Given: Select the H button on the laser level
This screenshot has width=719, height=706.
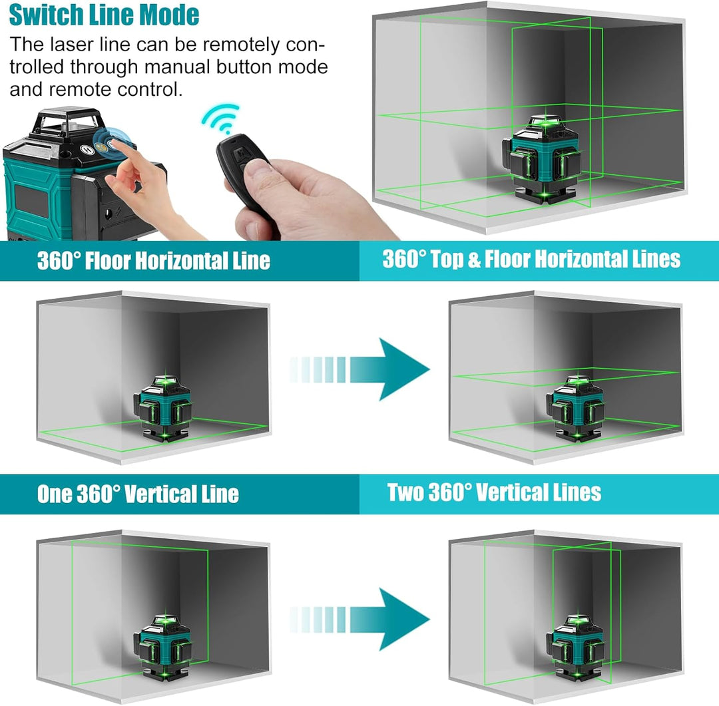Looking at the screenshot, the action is (x=87, y=149).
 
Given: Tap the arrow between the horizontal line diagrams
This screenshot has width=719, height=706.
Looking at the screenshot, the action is (x=359, y=369).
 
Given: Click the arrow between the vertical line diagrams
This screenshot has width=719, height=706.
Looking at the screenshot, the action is (x=359, y=619).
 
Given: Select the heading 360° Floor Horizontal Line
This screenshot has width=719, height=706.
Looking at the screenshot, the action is (x=154, y=260).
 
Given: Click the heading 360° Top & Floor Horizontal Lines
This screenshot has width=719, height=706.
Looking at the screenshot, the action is (x=531, y=259).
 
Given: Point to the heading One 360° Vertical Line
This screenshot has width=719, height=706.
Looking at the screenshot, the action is (x=138, y=494).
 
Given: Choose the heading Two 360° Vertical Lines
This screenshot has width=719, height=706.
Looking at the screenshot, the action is (x=494, y=492).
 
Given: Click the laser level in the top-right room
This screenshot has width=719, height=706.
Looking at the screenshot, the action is (x=541, y=159).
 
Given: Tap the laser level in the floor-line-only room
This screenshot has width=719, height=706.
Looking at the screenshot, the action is (x=163, y=409).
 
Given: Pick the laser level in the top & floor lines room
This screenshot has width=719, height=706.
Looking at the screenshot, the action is (x=576, y=409).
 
